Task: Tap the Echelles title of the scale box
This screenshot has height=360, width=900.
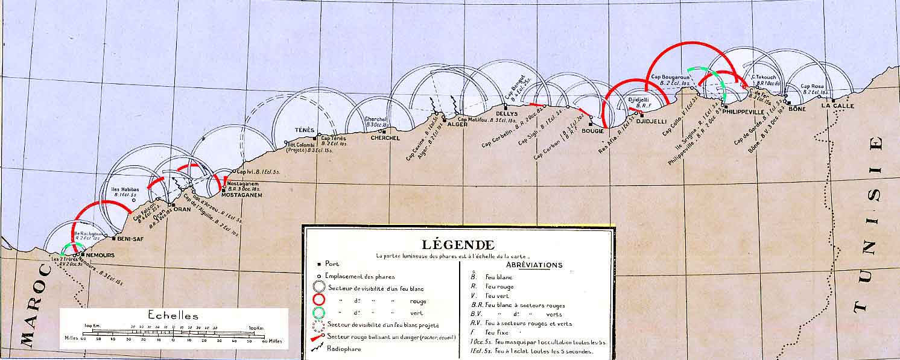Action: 173,315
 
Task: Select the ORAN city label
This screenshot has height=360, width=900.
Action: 182,209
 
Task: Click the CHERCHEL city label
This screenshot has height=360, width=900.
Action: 385,138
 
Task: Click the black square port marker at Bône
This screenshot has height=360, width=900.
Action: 788,103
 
